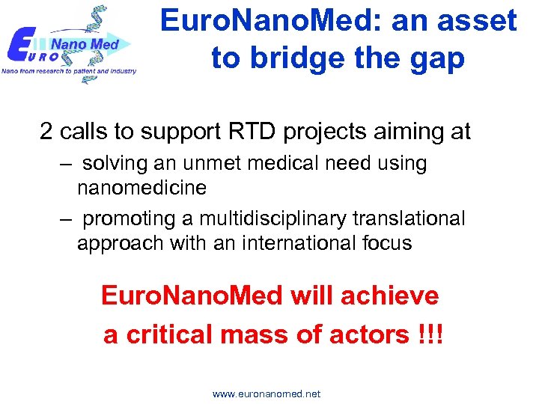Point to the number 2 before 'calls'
click(x=46, y=132)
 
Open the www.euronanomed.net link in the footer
click(x=267, y=394)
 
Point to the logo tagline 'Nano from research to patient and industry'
click(x=69, y=71)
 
